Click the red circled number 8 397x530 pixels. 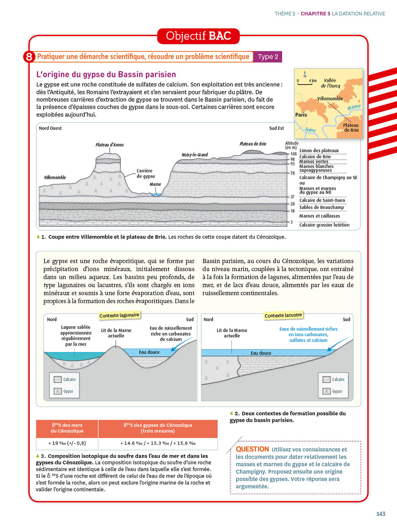click(29, 57)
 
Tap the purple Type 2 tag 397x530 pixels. click(268, 57)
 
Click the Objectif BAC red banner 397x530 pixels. click(198, 36)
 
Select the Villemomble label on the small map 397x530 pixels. click(330, 99)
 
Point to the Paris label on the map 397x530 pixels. click(301, 115)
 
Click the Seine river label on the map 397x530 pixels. click(310, 130)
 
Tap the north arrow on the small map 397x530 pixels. click(305, 74)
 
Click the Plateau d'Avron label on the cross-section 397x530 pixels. click(109, 145)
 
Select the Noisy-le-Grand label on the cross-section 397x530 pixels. click(194, 155)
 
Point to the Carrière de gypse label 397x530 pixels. click(146, 173)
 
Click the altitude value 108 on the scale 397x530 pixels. click(294, 154)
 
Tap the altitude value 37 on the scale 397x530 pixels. click(293, 197)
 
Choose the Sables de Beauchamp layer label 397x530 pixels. click(321, 207)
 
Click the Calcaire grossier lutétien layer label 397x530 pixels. click(324, 225)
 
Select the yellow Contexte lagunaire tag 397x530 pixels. click(119, 315)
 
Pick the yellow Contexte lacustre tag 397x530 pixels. click(283, 315)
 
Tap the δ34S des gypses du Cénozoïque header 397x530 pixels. click(158, 428)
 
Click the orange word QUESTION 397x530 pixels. click(252, 449)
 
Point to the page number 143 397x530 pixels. click(380, 514)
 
